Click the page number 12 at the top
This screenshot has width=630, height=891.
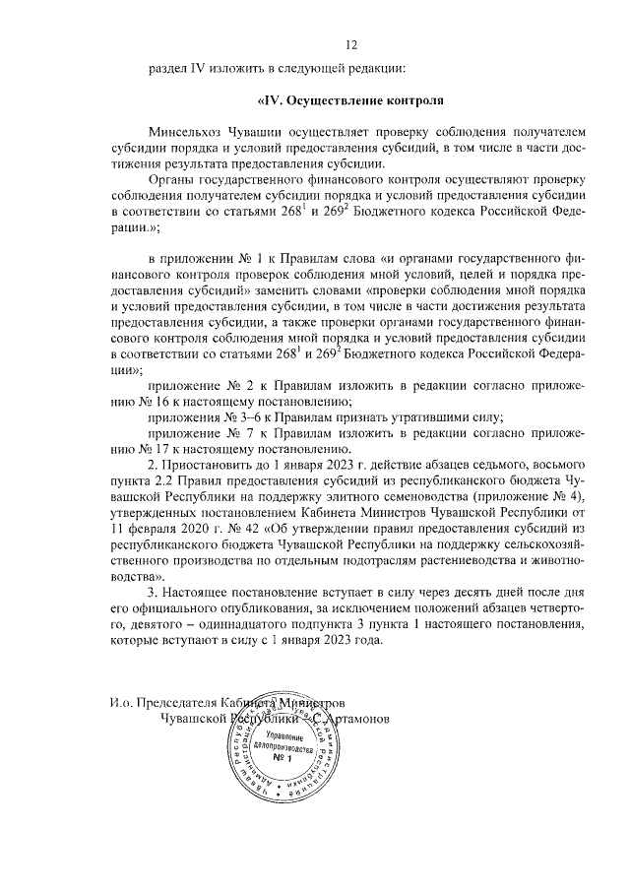(351, 44)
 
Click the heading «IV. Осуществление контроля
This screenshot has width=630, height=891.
(350, 99)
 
